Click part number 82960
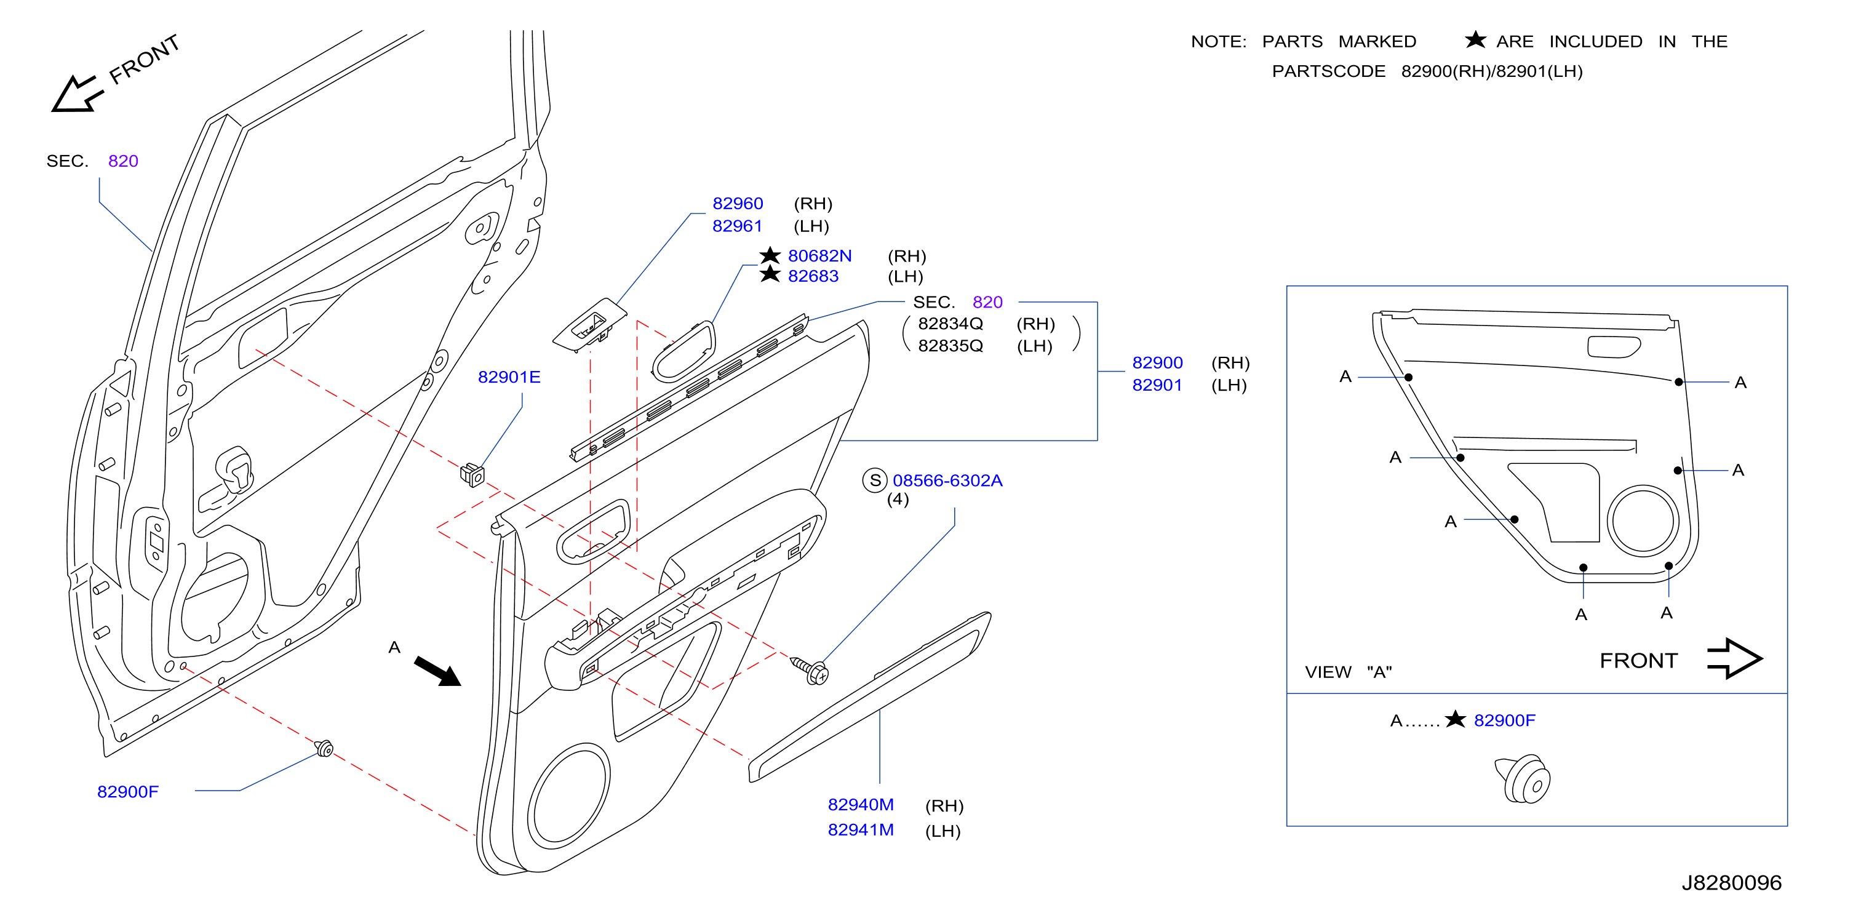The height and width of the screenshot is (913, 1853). [x=737, y=204]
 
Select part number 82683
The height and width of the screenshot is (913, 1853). [x=813, y=276]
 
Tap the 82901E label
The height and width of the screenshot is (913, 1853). [x=509, y=377]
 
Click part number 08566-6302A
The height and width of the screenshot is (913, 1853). [x=947, y=480]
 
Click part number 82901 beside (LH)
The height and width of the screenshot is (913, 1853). [x=1157, y=385]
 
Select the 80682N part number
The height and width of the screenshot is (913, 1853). [x=819, y=256]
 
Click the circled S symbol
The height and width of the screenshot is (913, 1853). [x=875, y=480]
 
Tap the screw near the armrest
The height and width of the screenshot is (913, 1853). [x=811, y=670]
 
